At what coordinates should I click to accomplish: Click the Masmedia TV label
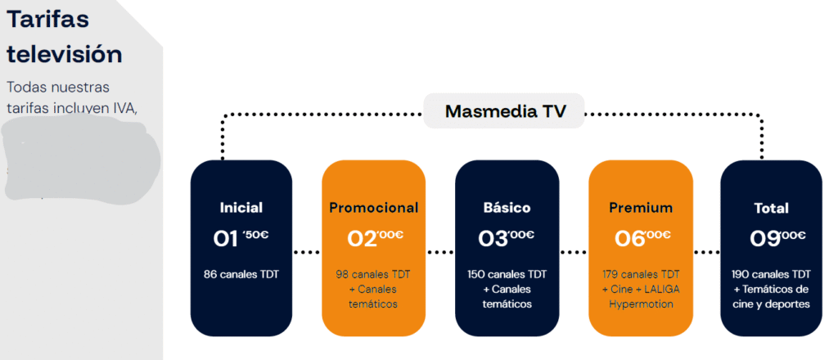click(504, 111)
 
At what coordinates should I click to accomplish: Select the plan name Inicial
click(241, 208)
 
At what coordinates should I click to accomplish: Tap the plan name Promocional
click(374, 208)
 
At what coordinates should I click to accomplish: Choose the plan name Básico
click(507, 208)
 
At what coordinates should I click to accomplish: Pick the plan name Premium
click(642, 208)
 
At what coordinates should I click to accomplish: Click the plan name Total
click(772, 209)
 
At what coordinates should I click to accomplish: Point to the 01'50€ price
click(241, 238)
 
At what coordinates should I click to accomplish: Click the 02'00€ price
click(375, 238)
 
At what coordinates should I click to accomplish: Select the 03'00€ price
click(507, 238)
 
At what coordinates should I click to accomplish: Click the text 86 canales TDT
click(241, 274)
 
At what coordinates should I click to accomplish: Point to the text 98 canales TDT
click(373, 274)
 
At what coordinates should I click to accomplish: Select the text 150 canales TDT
click(507, 274)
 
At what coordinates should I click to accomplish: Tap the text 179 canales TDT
click(642, 274)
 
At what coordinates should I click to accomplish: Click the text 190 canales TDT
click(773, 274)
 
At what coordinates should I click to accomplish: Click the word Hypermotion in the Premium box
click(642, 304)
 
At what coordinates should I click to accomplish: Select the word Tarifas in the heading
click(47, 20)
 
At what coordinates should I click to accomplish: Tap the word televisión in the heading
click(65, 54)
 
